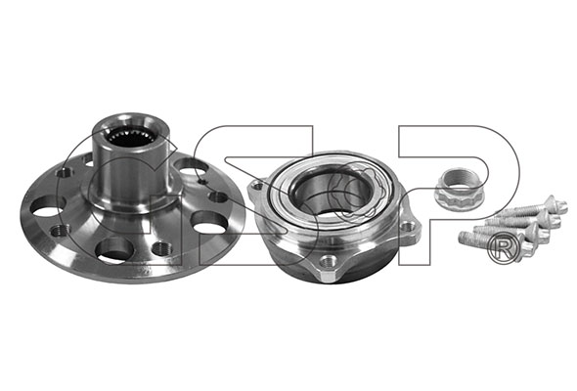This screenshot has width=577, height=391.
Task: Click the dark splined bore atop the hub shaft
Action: (x=131, y=137)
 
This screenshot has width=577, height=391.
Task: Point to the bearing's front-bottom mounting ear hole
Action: (x=327, y=262)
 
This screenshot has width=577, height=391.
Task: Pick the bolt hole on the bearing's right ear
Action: (x=408, y=227)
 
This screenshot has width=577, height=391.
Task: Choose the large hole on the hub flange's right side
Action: (x=209, y=222)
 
